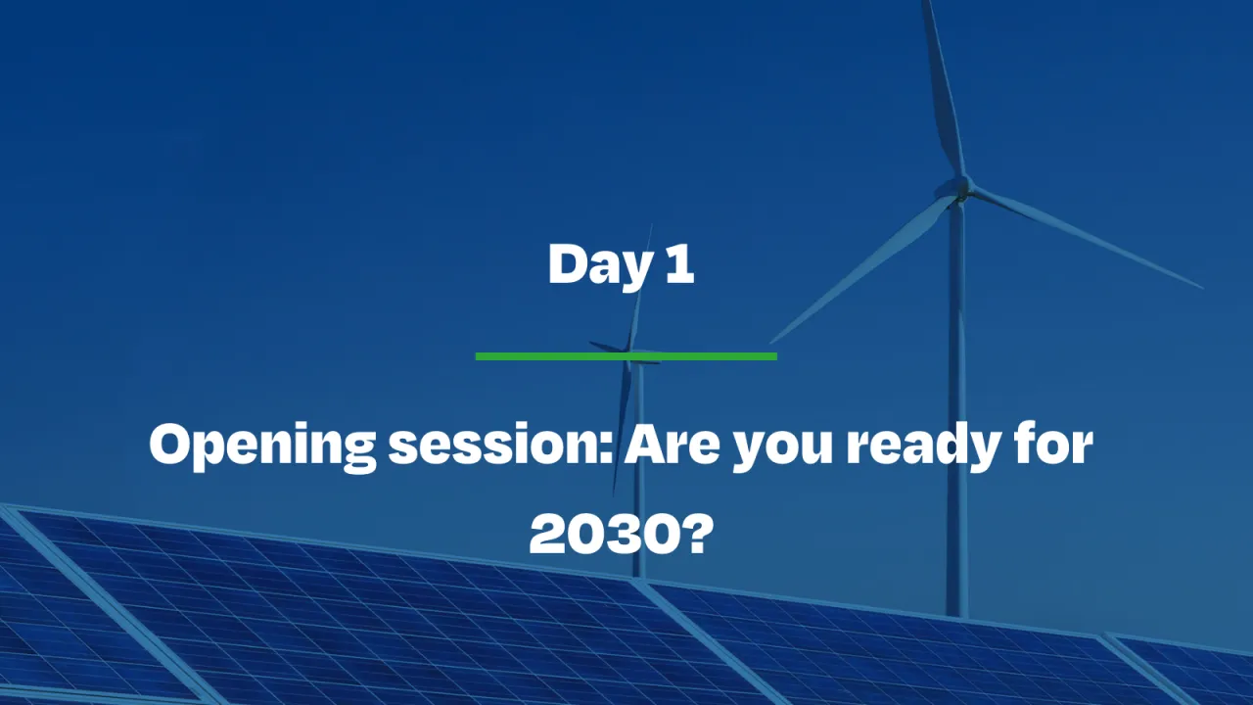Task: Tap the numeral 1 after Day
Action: [x=681, y=265]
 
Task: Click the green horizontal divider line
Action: [x=626, y=356]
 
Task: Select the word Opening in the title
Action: [x=261, y=446]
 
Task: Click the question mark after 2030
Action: [x=691, y=534]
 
